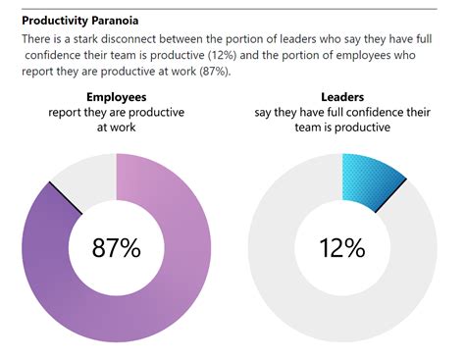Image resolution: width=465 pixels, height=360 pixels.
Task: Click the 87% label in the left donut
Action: coord(116,248)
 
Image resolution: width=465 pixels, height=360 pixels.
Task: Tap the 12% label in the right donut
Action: coord(341,248)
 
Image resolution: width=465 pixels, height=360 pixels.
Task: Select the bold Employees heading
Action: coord(117,97)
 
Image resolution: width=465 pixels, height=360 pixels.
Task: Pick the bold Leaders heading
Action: coord(341,97)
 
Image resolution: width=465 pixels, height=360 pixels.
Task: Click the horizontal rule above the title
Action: coord(232,8)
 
